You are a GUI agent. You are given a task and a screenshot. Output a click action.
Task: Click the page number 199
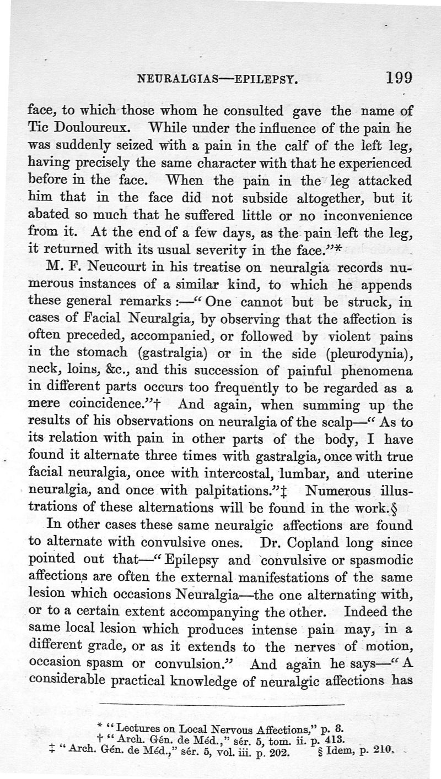399,78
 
